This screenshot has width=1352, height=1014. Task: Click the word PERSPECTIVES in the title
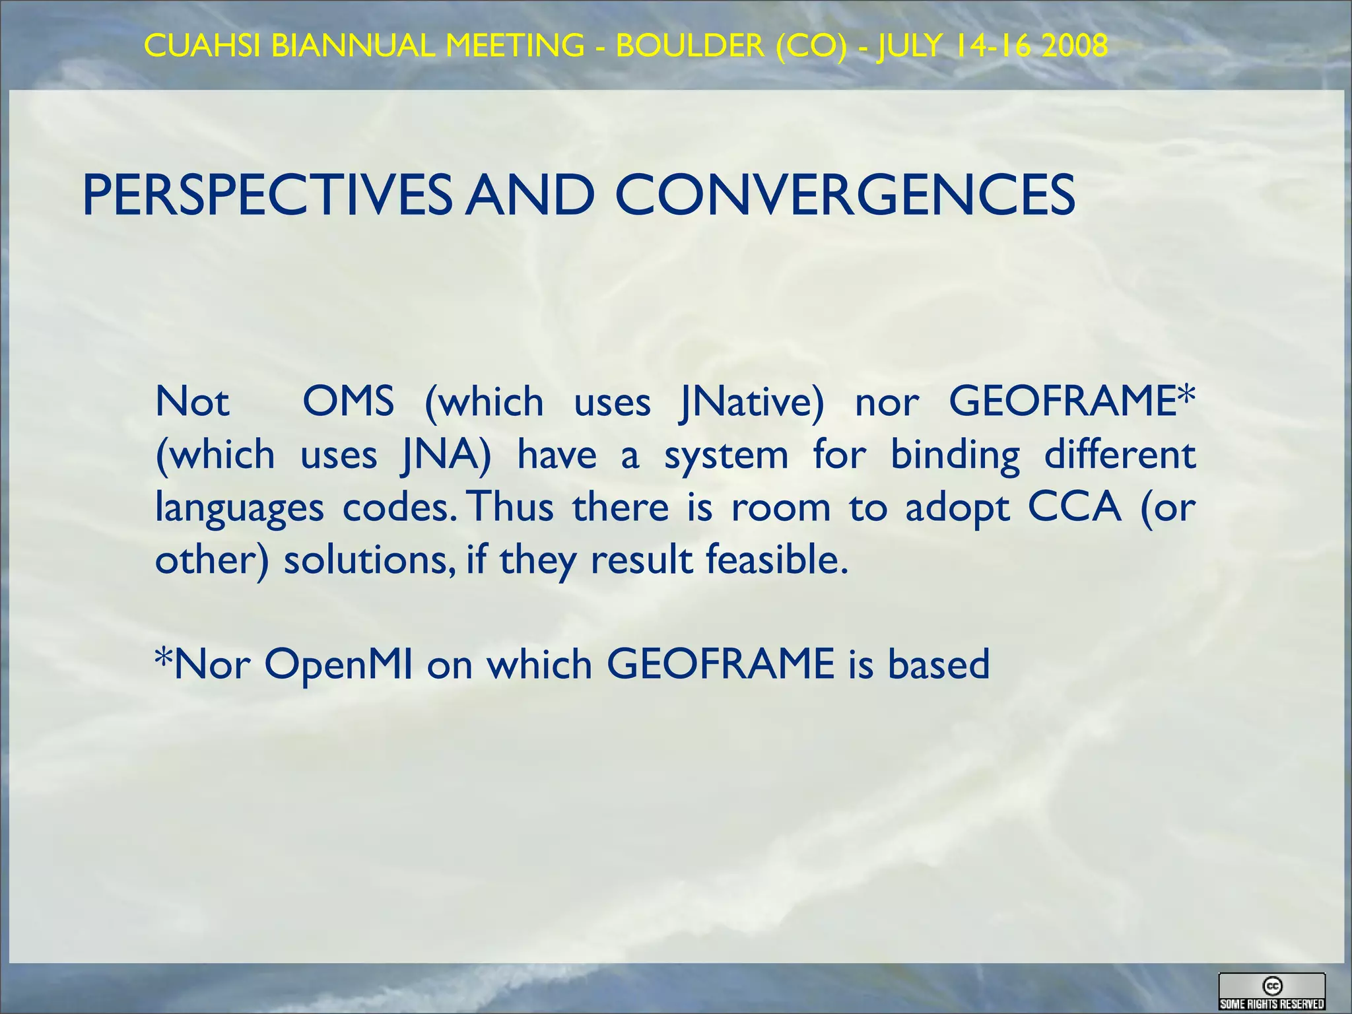point(267,195)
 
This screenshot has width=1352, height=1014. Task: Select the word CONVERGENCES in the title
point(845,195)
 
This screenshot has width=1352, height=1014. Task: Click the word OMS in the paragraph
point(349,401)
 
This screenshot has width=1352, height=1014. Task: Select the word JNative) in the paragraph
point(753,403)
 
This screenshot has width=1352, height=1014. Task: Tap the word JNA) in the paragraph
point(447,456)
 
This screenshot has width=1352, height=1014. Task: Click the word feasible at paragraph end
point(776,560)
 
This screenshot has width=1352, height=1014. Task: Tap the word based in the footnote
point(939,664)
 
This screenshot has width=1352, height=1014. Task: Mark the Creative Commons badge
point(1271,992)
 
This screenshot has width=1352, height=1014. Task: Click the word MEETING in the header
point(515,46)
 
